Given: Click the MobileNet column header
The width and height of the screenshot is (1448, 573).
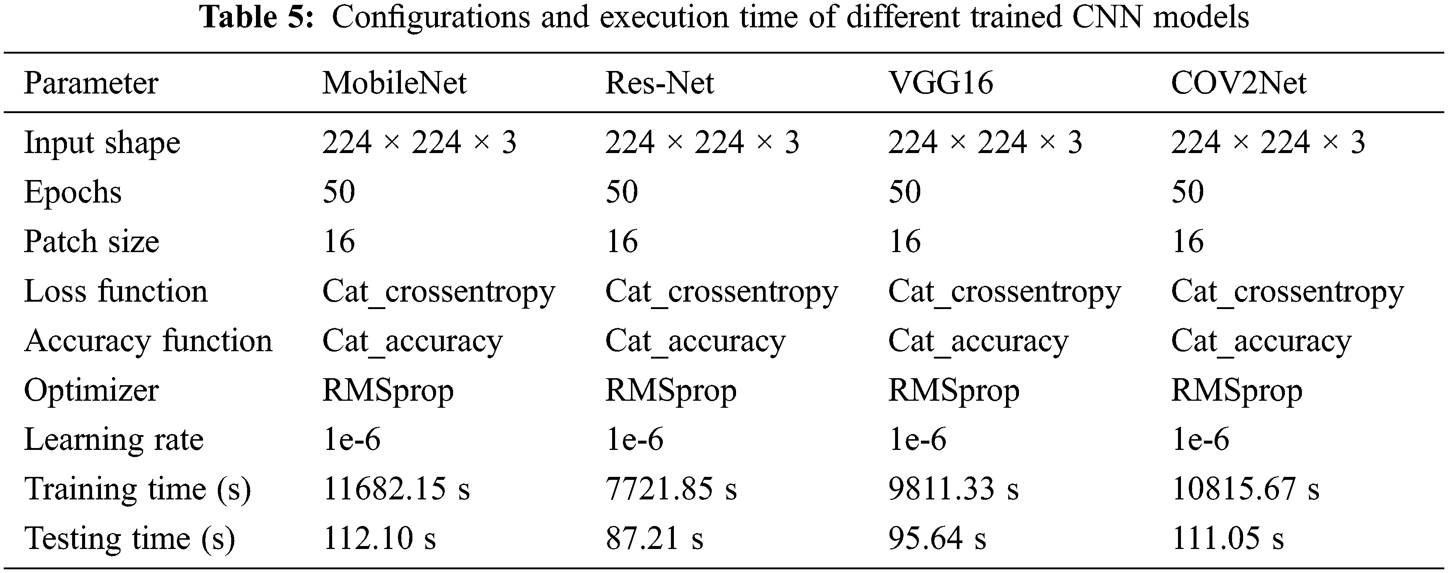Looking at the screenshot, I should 394,83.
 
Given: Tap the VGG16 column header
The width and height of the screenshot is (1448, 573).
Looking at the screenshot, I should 941,83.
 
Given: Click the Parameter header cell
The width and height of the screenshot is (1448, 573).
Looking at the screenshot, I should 91,83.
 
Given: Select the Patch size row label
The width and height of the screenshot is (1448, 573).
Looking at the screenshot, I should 92,241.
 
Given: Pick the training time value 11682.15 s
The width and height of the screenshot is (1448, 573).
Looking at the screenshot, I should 396,489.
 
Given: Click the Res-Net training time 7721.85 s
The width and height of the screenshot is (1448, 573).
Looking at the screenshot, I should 671,489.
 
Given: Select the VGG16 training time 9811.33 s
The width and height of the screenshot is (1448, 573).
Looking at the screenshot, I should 953,489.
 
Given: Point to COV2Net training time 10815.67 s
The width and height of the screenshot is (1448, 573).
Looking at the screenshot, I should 1245,489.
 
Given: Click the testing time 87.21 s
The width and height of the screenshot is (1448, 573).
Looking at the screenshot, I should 654,538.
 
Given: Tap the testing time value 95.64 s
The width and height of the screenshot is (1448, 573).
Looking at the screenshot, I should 937,538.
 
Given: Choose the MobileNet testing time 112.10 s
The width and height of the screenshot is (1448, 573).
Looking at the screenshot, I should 379,538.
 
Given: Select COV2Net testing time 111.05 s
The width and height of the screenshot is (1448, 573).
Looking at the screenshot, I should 1228,538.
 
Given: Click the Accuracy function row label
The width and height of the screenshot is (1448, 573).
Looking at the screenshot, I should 148,341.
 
